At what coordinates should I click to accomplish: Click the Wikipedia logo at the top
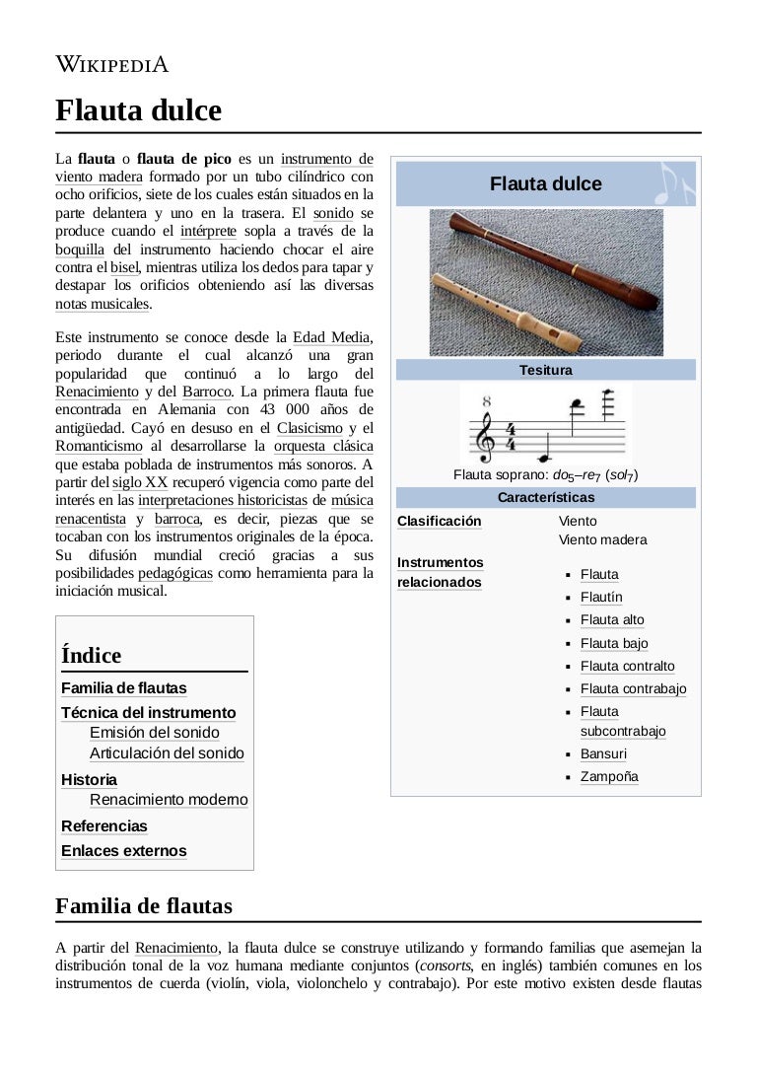coord(111,66)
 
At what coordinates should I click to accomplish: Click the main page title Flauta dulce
coord(138,110)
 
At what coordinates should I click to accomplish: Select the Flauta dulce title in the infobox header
coord(545,184)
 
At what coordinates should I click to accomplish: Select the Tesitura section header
coord(545,371)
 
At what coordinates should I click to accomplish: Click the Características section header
coord(545,497)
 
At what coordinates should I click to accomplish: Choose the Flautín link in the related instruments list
coord(601,598)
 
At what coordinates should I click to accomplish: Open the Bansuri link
coord(603,754)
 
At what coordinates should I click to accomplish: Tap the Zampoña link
coord(609,777)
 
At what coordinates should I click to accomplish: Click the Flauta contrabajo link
coord(633,689)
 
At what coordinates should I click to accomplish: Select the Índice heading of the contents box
coord(92,656)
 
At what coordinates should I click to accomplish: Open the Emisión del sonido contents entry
coord(155,733)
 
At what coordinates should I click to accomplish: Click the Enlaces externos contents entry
coord(124,851)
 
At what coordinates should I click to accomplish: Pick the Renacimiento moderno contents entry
coord(169,800)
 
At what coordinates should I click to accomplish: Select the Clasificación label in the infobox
coord(439,521)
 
